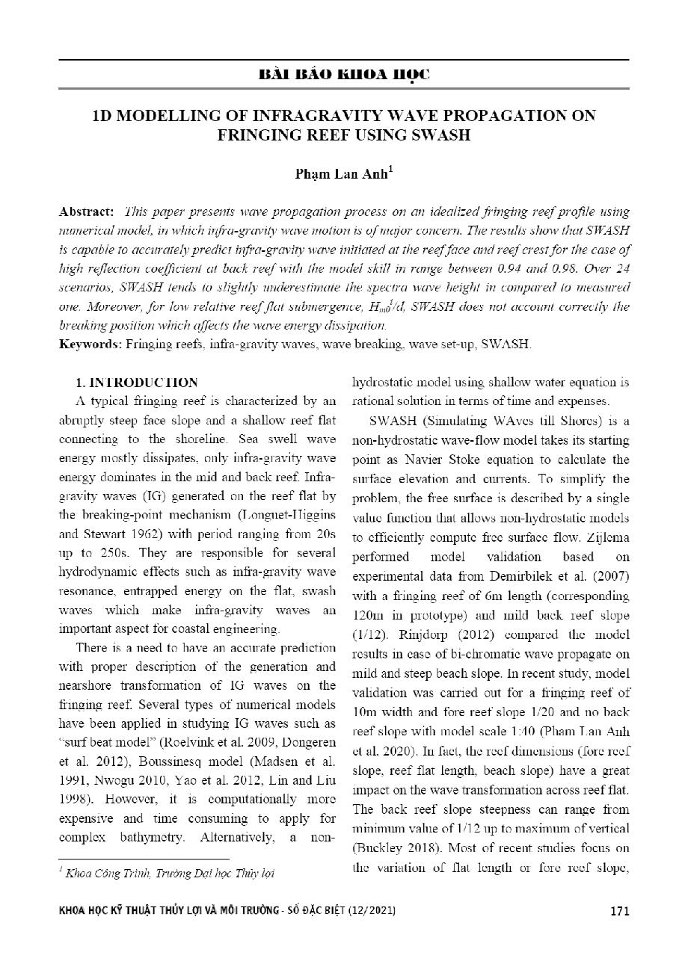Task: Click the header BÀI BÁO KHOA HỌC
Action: [x=343, y=75]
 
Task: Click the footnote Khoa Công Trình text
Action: [x=105, y=873]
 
